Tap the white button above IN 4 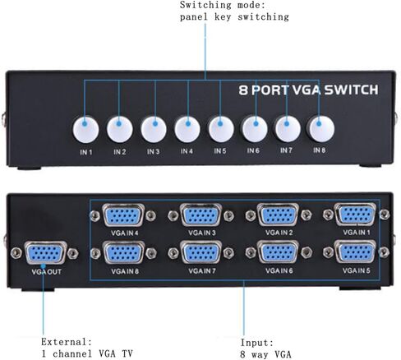187,129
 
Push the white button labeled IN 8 320,129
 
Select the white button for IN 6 255,129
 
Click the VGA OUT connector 46,252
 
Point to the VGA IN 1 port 355,215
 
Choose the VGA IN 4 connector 123,215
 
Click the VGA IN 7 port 201,252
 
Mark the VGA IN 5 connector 355,252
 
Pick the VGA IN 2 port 278,215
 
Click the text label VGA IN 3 202,233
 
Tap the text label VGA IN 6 279,270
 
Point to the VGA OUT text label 46,272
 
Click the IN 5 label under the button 220,151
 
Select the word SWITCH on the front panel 352,90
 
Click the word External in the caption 67,342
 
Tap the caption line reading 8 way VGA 265,354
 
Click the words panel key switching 234,17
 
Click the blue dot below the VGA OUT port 43,266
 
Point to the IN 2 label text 120,152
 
